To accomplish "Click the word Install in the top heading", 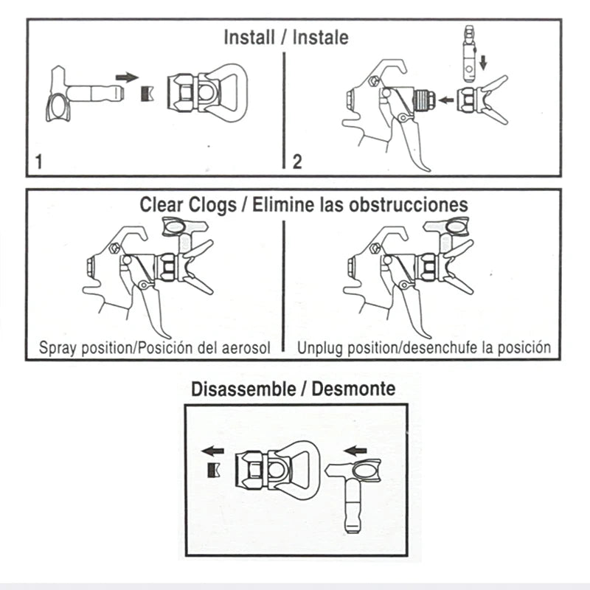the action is pos(249,38).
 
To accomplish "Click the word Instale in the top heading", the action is pos(321,38).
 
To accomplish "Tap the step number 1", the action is pos(38,162).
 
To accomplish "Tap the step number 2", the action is pos(297,162).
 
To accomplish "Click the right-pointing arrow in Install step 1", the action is pos(127,77).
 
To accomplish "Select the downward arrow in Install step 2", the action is pos(484,63).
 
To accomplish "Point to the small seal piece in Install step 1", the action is pos(147,94).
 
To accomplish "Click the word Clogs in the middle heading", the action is pos(213,206).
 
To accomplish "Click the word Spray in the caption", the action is pos(58,348).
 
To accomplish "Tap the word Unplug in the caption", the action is pos(320,348).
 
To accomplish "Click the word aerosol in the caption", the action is pos(246,348).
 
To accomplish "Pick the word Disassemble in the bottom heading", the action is pos(243,389).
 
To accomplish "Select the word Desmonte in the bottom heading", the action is pos(353,389).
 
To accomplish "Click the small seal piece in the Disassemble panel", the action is pos(214,471).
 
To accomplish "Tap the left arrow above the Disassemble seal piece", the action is pos(212,451).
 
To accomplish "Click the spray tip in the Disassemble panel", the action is pos(354,493).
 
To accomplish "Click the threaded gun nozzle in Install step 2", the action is pos(424,100).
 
